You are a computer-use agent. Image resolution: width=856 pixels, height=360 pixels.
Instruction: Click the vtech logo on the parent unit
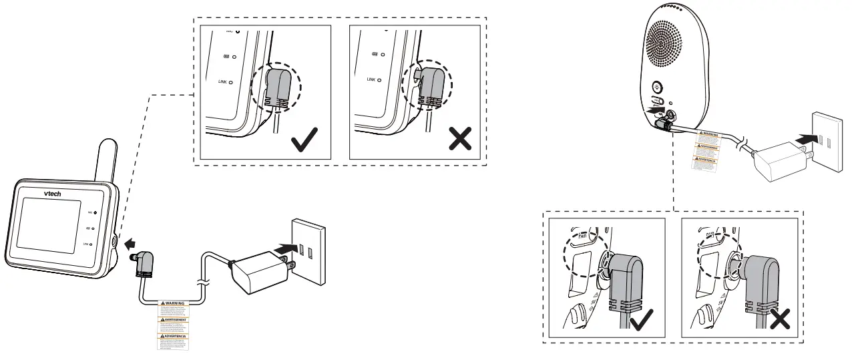tap(53, 194)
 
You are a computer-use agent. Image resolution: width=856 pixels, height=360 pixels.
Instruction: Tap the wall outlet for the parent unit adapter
tap(308, 249)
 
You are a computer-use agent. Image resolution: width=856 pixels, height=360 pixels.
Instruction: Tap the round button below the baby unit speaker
tap(658, 86)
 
